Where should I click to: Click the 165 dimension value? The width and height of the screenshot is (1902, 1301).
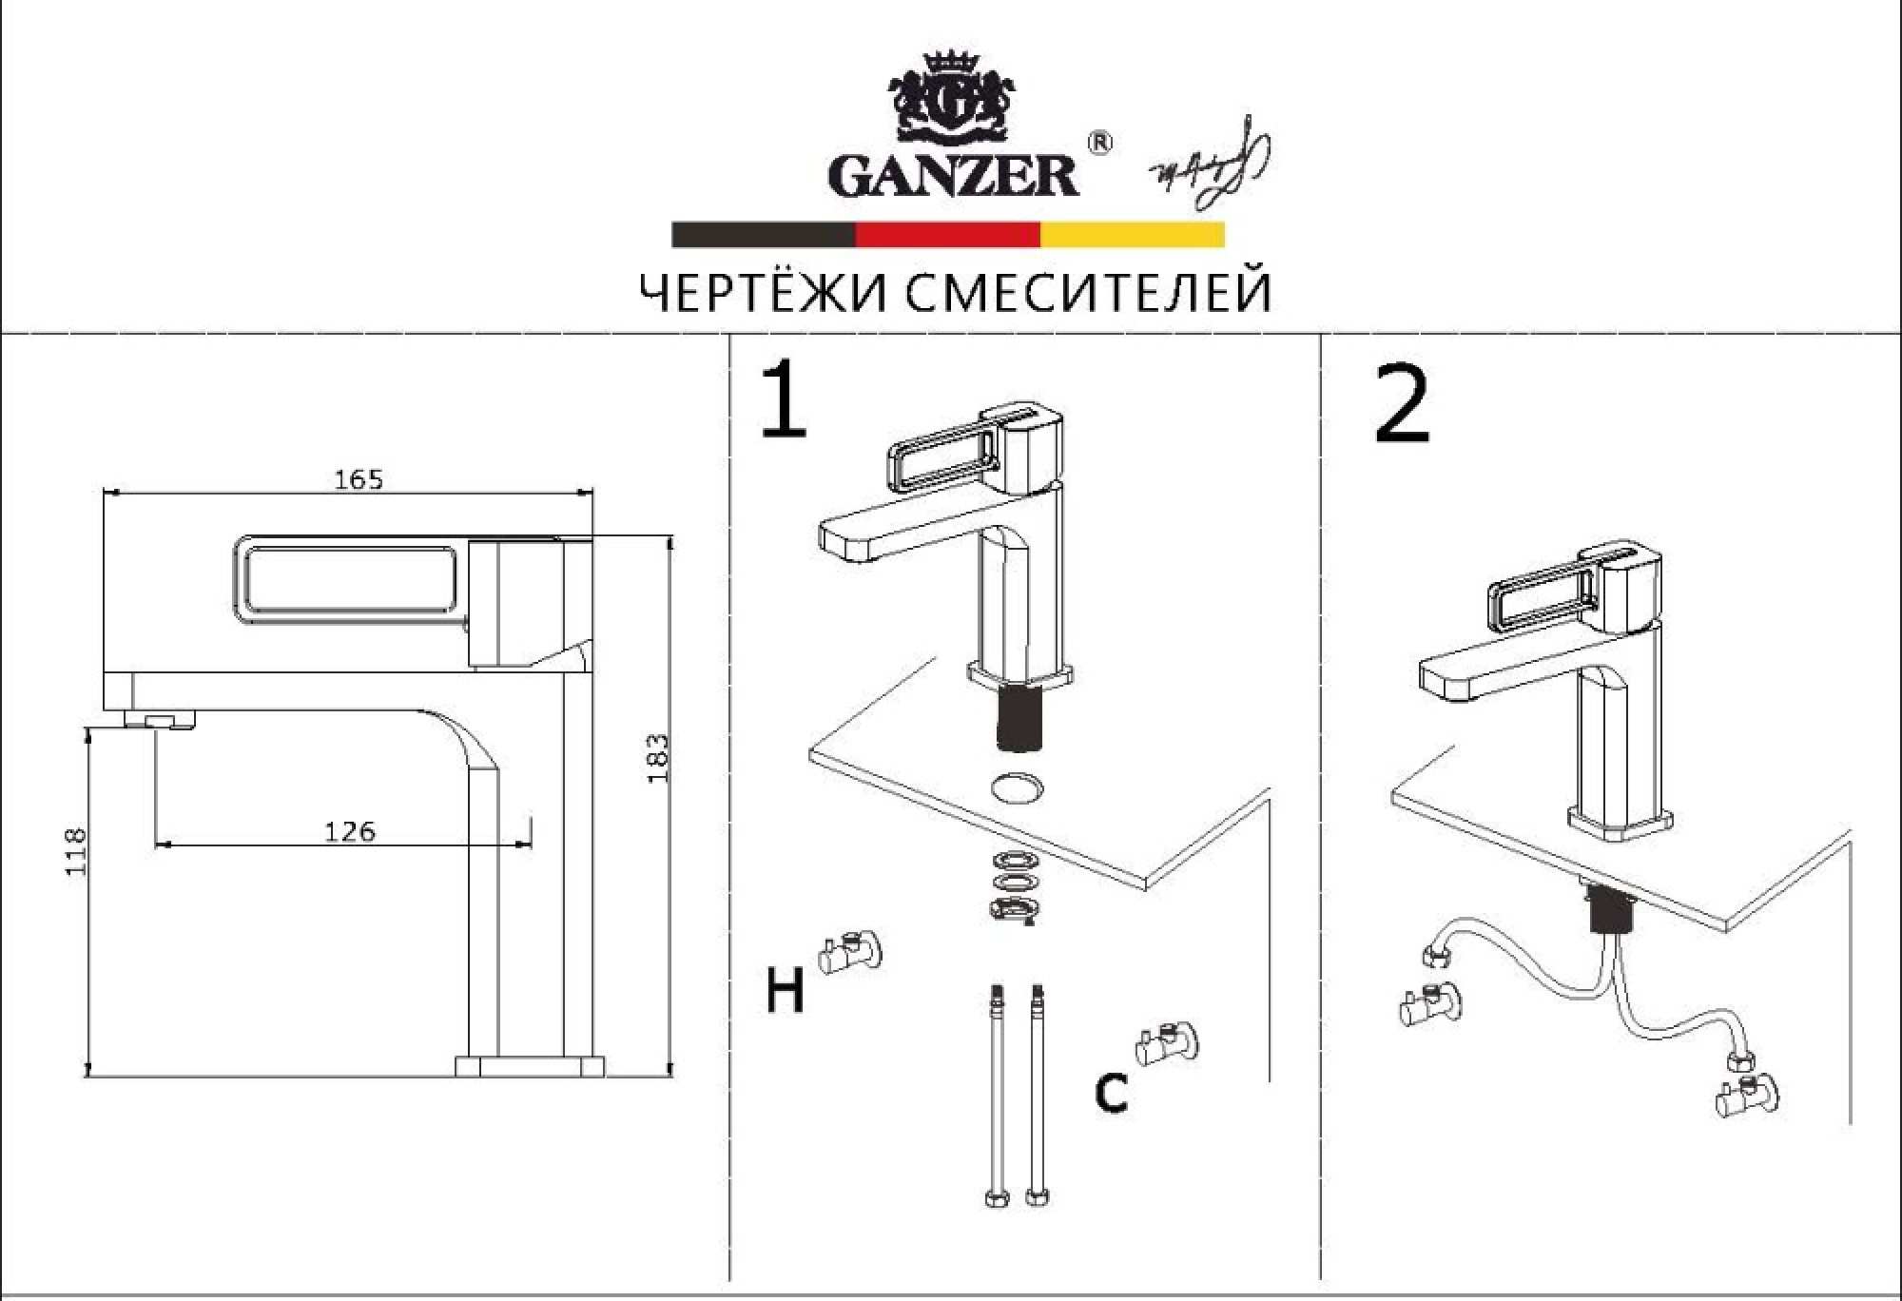(359, 479)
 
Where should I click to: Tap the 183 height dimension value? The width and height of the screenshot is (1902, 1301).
(658, 758)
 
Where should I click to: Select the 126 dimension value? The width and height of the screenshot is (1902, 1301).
(350, 832)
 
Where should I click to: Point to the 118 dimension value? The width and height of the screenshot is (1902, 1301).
(75, 852)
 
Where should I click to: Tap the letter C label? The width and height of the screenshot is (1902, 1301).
(1111, 1093)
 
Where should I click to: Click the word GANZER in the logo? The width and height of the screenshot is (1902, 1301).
(954, 176)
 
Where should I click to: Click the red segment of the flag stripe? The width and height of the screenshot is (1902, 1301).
(947, 235)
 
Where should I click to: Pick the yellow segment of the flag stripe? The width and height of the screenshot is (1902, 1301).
(1132, 235)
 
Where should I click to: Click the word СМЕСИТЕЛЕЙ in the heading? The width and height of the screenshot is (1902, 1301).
(1087, 294)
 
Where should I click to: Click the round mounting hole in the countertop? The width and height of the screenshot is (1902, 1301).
(1018, 787)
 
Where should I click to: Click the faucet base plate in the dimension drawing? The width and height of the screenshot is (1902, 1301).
(530, 1065)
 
